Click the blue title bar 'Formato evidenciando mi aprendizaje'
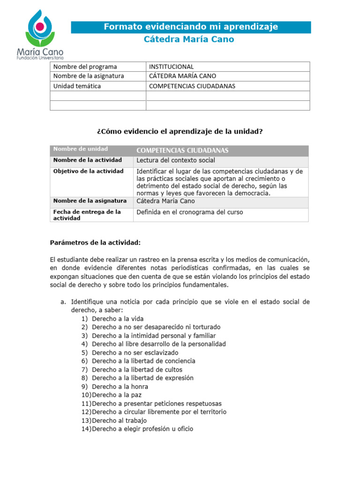pyautogui.click(x=191, y=27)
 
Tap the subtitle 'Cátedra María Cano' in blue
pyautogui.click(x=188, y=39)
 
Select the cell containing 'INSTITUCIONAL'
pyautogui.click(x=171, y=67)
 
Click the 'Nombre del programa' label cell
pyautogui.click(x=85, y=67)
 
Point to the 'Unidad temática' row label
pyautogui.click(x=77, y=86)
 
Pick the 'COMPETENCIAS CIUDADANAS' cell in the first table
pyautogui.click(x=192, y=86)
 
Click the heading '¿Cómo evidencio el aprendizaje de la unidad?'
pyautogui.click(x=180, y=131)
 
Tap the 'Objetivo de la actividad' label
pyautogui.click(x=89, y=171)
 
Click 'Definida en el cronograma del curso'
pyautogui.click(x=190, y=212)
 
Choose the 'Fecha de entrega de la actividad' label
pyautogui.click(x=87, y=215)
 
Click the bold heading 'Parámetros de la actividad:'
pyautogui.click(x=95, y=242)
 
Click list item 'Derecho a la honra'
pyautogui.click(x=120, y=387)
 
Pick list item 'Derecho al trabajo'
pyautogui.click(x=119, y=420)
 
